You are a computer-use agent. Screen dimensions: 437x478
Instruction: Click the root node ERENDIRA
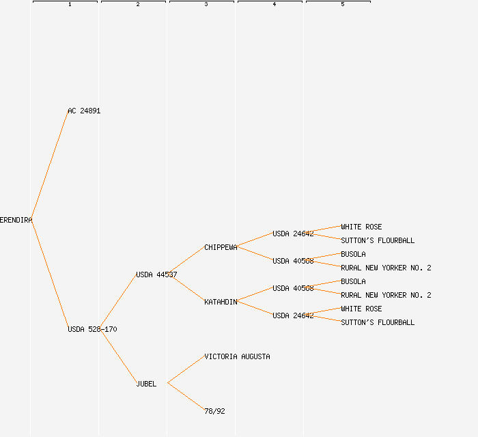click(x=16, y=220)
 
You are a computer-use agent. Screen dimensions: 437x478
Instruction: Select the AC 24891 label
click(x=84, y=111)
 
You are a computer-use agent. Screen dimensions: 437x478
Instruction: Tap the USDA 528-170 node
click(x=92, y=329)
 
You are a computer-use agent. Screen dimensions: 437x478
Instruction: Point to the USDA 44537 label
click(x=156, y=274)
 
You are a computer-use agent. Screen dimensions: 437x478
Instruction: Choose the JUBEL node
click(x=146, y=384)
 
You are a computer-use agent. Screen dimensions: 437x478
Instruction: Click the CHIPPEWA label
click(x=221, y=247)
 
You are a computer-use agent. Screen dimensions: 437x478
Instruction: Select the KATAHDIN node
click(x=221, y=302)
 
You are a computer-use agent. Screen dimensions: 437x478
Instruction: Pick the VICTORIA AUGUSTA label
click(x=237, y=356)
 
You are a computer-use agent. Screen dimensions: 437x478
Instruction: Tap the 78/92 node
click(x=214, y=411)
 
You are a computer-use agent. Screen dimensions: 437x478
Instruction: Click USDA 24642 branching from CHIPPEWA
click(x=293, y=234)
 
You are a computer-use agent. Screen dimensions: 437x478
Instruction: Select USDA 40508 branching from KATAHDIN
click(x=293, y=288)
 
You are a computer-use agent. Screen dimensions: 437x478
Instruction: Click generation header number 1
click(x=70, y=5)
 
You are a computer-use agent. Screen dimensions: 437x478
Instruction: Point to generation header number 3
click(x=206, y=5)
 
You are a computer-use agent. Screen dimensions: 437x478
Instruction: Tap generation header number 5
click(x=343, y=5)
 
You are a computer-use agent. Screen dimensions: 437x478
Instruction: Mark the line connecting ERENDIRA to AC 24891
click(x=49, y=165)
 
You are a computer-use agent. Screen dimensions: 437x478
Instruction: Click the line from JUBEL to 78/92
click(x=186, y=397)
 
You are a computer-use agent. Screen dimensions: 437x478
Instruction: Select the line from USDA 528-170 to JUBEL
click(x=117, y=356)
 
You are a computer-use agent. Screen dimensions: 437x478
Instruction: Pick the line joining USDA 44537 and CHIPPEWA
click(x=186, y=261)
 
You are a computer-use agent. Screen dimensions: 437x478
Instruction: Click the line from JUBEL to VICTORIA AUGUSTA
click(x=186, y=369)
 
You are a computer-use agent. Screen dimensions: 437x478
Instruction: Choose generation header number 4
click(x=275, y=5)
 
